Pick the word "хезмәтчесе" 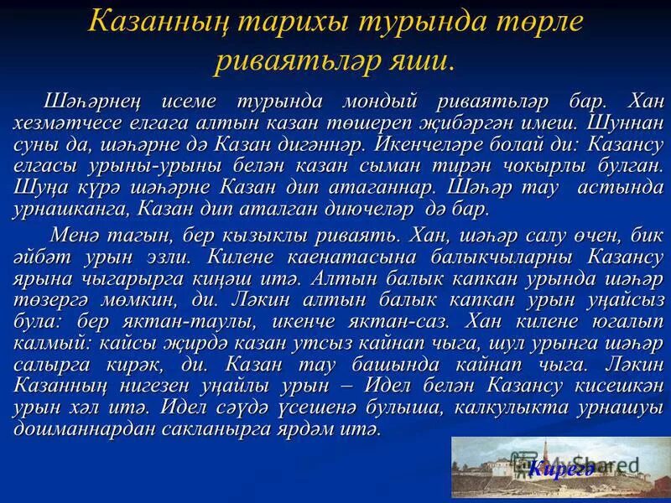pos(64,122)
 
